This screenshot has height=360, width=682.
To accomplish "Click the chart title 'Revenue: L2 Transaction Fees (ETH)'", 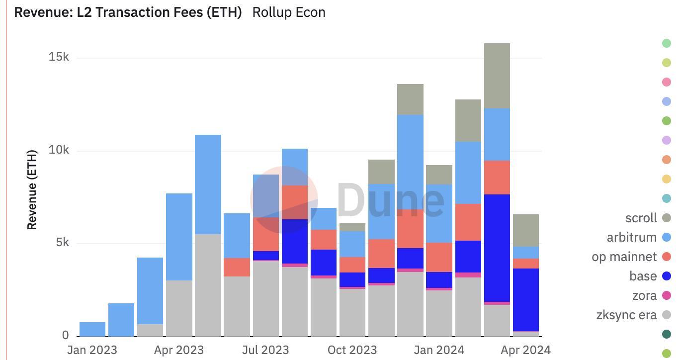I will click(128, 12).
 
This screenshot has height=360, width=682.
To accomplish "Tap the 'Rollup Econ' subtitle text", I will click(289, 12).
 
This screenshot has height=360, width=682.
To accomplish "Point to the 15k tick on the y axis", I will click(59, 57).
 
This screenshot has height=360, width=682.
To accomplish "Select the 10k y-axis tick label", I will click(59, 150).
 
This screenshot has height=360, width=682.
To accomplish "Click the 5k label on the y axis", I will click(62, 243).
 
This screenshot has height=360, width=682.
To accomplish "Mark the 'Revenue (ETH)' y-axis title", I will click(32, 189).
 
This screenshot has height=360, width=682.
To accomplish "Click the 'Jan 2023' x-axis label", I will click(92, 350).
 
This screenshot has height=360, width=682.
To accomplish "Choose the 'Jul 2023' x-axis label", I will click(265, 350).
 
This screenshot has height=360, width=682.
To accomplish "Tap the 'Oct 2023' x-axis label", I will click(352, 350).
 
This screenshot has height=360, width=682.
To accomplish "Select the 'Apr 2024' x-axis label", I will click(525, 350).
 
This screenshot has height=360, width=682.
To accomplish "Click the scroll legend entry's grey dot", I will click(667, 218).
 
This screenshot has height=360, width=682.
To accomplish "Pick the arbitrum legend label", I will click(631, 237).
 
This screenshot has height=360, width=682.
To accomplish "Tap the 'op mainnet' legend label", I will click(624, 257).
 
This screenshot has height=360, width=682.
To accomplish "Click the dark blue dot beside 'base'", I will click(667, 276).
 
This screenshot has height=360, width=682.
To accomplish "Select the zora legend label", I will click(644, 295).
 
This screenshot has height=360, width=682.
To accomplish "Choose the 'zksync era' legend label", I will click(626, 315).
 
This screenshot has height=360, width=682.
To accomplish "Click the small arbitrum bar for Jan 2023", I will click(92, 329).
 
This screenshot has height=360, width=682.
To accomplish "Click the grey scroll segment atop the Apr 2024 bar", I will click(525, 230).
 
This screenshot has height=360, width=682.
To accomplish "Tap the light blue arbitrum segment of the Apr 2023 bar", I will click(179, 237).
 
